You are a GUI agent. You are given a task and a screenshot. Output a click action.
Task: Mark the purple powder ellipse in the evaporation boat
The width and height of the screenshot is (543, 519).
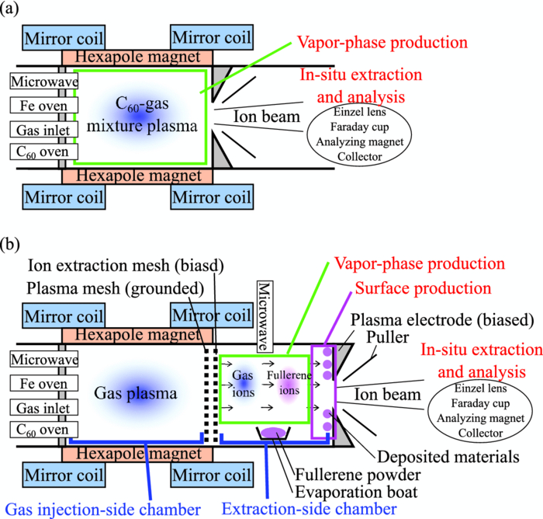[272, 432]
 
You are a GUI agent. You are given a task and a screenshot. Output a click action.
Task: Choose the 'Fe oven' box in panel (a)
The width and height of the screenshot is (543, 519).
[38, 105]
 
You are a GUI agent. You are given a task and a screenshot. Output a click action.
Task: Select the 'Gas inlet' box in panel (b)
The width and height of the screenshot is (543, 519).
[38, 405]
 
